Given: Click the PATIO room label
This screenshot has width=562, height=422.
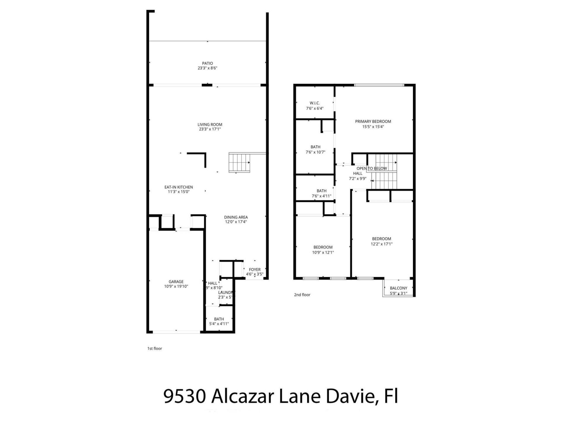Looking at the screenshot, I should pyautogui.click(x=207, y=63).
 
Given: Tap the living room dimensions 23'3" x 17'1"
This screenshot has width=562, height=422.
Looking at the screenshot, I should pyautogui.click(x=210, y=129).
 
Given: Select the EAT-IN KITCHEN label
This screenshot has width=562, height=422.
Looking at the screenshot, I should pyautogui.click(x=179, y=187).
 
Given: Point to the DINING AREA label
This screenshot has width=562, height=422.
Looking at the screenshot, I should pyautogui.click(x=236, y=217).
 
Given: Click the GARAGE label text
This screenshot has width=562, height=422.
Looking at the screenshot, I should pyautogui.click(x=176, y=282).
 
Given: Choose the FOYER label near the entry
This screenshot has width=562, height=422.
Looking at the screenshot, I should pyautogui.click(x=255, y=270).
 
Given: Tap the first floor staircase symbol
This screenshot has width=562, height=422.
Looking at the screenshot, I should pyautogui.click(x=239, y=163).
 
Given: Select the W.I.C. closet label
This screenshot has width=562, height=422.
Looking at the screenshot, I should pyautogui.click(x=315, y=103).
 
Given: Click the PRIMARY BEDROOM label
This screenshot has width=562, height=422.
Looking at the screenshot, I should pyautogui.click(x=373, y=121).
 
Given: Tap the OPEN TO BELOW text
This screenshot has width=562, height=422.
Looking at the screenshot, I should pyautogui.click(x=371, y=169).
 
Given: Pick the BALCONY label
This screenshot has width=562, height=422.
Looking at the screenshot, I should pyautogui.click(x=398, y=288).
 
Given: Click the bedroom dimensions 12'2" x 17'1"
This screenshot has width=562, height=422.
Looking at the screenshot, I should pyautogui.click(x=381, y=244).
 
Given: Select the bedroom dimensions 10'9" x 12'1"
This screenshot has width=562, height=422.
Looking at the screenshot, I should pyautogui.click(x=323, y=252).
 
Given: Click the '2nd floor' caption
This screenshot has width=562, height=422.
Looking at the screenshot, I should pyautogui.click(x=302, y=295).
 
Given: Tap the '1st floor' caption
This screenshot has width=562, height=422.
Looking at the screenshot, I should pyautogui.click(x=155, y=348).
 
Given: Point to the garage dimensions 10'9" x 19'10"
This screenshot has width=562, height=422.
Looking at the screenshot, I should pyautogui.click(x=176, y=287).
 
